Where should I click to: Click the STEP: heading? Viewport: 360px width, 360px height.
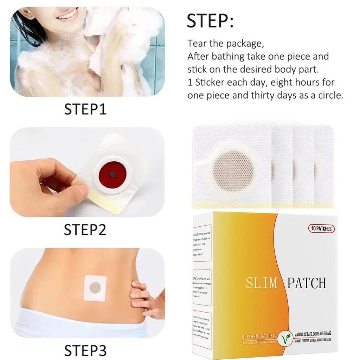click(210, 21)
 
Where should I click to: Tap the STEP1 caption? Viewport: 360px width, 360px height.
click(85, 109)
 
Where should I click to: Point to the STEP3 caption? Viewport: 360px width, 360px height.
click(85, 350)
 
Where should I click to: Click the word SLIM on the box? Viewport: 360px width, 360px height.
click(262, 283)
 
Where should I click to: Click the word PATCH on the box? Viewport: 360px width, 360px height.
click(306, 283)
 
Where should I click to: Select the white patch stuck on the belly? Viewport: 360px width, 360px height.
click(95, 288)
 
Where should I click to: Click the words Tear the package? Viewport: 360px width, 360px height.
click(225, 44)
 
